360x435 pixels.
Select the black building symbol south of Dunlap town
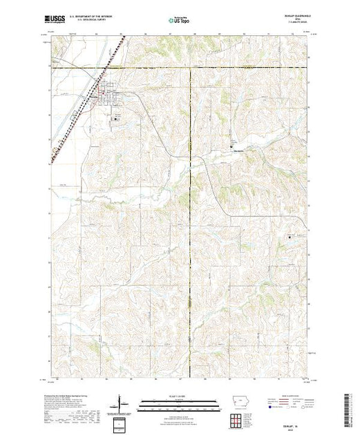pos(115,119)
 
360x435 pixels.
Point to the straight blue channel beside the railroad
pos(69,117)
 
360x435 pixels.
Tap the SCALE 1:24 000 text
pos(180,395)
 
